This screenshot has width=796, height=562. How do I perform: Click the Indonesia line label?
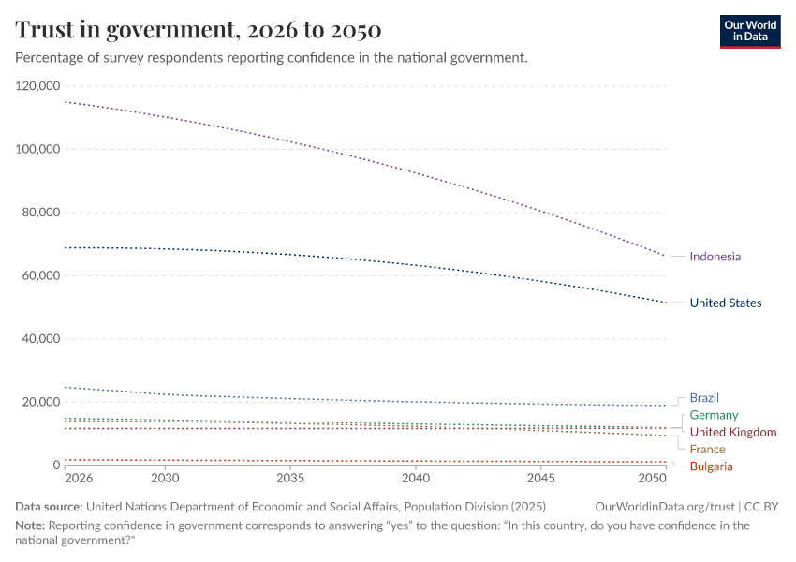click(x=715, y=257)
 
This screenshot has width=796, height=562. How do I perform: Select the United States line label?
click(x=725, y=303)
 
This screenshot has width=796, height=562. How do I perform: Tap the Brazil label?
click(x=704, y=398)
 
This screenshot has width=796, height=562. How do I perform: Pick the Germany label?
click(x=714, y=415)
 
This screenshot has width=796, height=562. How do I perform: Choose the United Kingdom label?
click(x=732, y=432)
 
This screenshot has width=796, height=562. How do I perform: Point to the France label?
click(x=707, y=450)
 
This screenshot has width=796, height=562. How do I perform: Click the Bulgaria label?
click(x=711, y=466)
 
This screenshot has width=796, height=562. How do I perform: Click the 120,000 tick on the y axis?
click(x=38, y=86)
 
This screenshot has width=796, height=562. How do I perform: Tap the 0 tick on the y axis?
click(x=56, y=466)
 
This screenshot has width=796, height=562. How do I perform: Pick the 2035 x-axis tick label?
click(x=290, y=479)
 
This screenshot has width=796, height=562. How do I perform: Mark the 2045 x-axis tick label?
click(x=541, y=479)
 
